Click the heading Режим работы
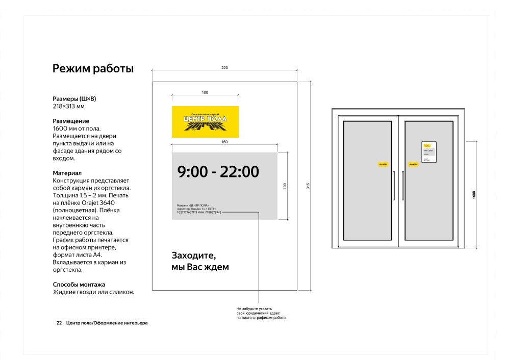pyautogui.click(x=93, y=69)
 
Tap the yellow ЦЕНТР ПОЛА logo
pyautogui.click(x=205, y=122)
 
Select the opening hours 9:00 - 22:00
pyautogui.click(x=218, y=172)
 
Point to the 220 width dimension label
pyautogui.click(x=224, y=68)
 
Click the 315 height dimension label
pyautogui.click(x=308, y=186)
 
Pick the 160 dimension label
pyautogui.click(x=224, y=142)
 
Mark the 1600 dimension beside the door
pyautogui.click(x=474, y=194)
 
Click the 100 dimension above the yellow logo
pyautogui.click(x=205, y=92)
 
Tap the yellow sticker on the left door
pyautogui.click(x=383, y=164)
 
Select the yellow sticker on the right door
pyautogui.click(x=413, y=164)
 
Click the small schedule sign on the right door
pyautogui.click(x=429, y=152)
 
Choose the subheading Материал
pyautogui.click(x=67, y=173)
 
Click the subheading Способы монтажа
pyautogui.click(x=79, y=285)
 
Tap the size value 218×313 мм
pyautogui.click(x=69, y=106)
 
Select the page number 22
pyautogui.click(x=59, y=323)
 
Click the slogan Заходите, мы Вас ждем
pyautogui.click(x=200, y=261)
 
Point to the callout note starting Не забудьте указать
pyautogui.click(x=261, y=313)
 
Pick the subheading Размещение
pyautogui.click(x=71, y=121)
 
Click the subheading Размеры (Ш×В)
pyautogui.click(x=74, y=98)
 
